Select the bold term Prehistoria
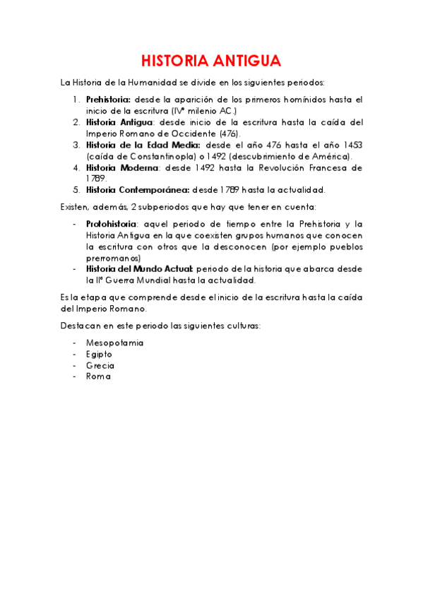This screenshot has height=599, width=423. [x=108, y=100]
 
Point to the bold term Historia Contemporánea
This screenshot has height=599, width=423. [x=137, y=190]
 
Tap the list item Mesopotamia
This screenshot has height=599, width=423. [x=114, y=343]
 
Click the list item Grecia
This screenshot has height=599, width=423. [x=100, y=365]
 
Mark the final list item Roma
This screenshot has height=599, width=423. [x=99, y=376]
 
